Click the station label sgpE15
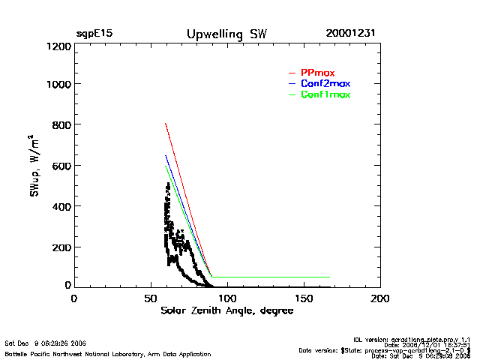pos(94,34)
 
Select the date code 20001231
pos(351,34)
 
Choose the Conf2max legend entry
pos(325,83)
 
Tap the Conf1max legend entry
pos(325,94)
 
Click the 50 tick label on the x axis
pos(151,298)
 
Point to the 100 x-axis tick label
pos(227,298)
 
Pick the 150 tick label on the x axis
pos(304,298)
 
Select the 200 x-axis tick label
pos(380,298)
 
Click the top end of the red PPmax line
pos(165,123)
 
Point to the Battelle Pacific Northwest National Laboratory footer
pos(108,353)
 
